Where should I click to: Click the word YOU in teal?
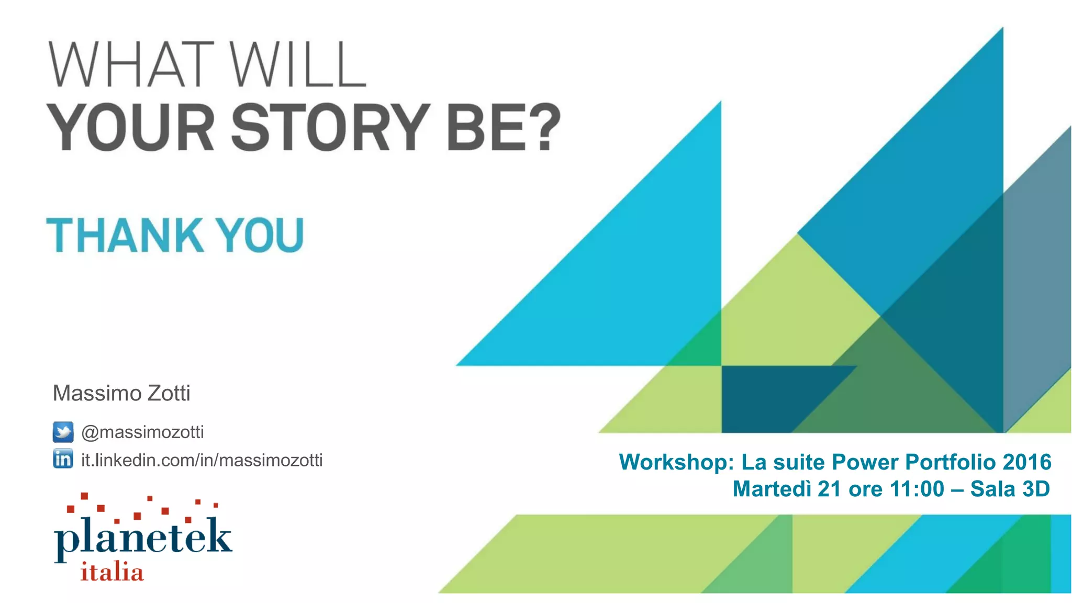coord(260,235)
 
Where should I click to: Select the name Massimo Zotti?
coord(121,393)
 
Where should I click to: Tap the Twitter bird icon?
coord(63,432)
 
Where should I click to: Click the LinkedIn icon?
coord(63,459)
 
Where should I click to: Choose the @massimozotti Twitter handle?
coord(142,432)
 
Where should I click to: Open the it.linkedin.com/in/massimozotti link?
coord(202,460)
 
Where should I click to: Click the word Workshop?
coord(676,462)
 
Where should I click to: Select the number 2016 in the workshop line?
coord(1027,462)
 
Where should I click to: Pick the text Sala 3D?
coord(1010,489)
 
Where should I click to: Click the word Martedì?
coord(772,489)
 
